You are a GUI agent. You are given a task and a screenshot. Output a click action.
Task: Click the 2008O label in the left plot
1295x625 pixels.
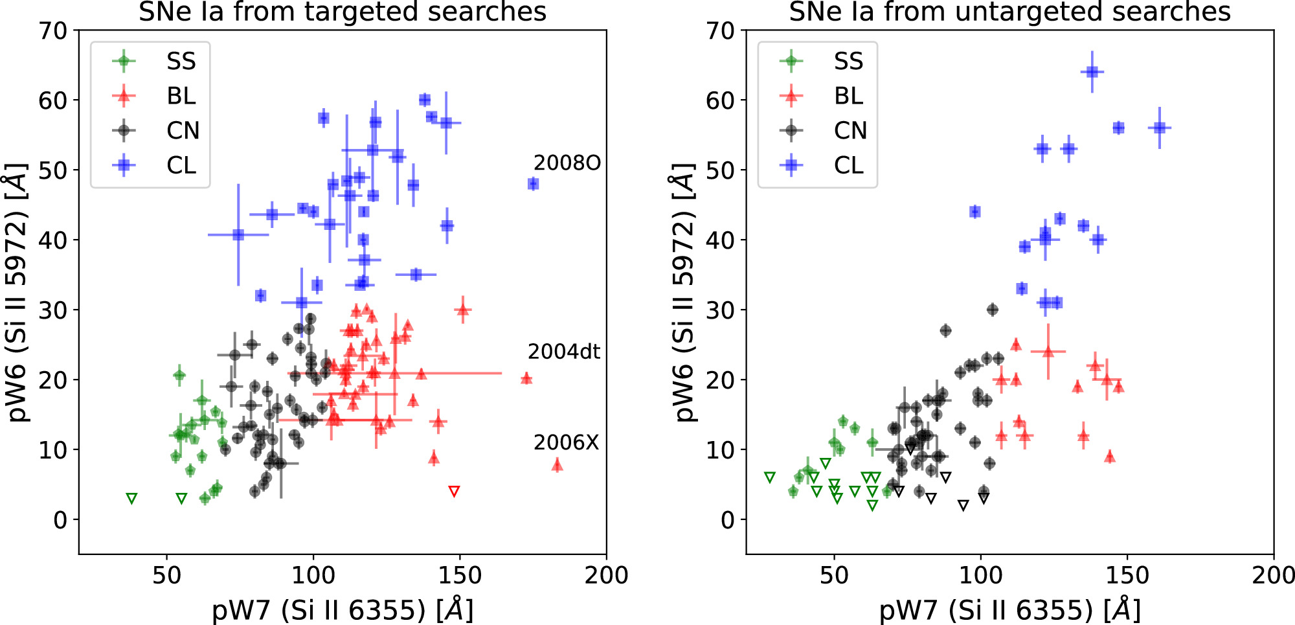pyautogui.click(x=567, y=163)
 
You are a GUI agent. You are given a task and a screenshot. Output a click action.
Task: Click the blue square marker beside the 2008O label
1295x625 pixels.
pyautogui.click(x=533, y=184)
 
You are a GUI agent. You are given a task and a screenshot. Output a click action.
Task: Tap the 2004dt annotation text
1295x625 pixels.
pyautogui.click(x=563, y=352)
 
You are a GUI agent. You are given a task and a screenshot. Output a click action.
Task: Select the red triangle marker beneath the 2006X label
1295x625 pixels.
pyautogui.click(x=557, y=465)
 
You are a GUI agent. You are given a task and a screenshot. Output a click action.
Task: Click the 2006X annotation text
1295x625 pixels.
pyautogui.click(x=566, y=443)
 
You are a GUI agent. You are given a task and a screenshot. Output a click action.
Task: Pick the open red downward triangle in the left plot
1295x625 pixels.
pyautogui.click(x=454, y=492)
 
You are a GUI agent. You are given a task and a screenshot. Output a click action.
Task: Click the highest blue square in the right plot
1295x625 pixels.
pyautogui.click(x=1092, y=72)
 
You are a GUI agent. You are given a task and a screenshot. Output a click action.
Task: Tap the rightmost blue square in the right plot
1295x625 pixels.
pyautogui.click(x=1160, y=128)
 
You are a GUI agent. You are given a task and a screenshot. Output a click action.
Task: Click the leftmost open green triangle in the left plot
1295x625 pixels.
pyautogui.click(x=132, y=499)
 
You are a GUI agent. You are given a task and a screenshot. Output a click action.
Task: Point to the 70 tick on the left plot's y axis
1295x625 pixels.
pyautogui.click(x=53, y=30)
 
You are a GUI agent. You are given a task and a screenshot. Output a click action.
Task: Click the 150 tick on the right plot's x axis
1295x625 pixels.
pyautogui.click(x=1127, y=574)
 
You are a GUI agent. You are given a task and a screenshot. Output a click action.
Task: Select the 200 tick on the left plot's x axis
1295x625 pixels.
pyautogui.click(x=606, y=574)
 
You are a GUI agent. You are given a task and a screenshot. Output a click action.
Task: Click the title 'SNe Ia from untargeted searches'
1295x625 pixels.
pyautogui.click(x=1009, y=12)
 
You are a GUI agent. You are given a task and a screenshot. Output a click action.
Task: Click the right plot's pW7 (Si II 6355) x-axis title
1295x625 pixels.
pyautogui.click(x=1009, y=609)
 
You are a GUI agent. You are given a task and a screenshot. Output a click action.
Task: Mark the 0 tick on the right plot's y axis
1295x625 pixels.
pyautogui.click(x=728, y=519)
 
